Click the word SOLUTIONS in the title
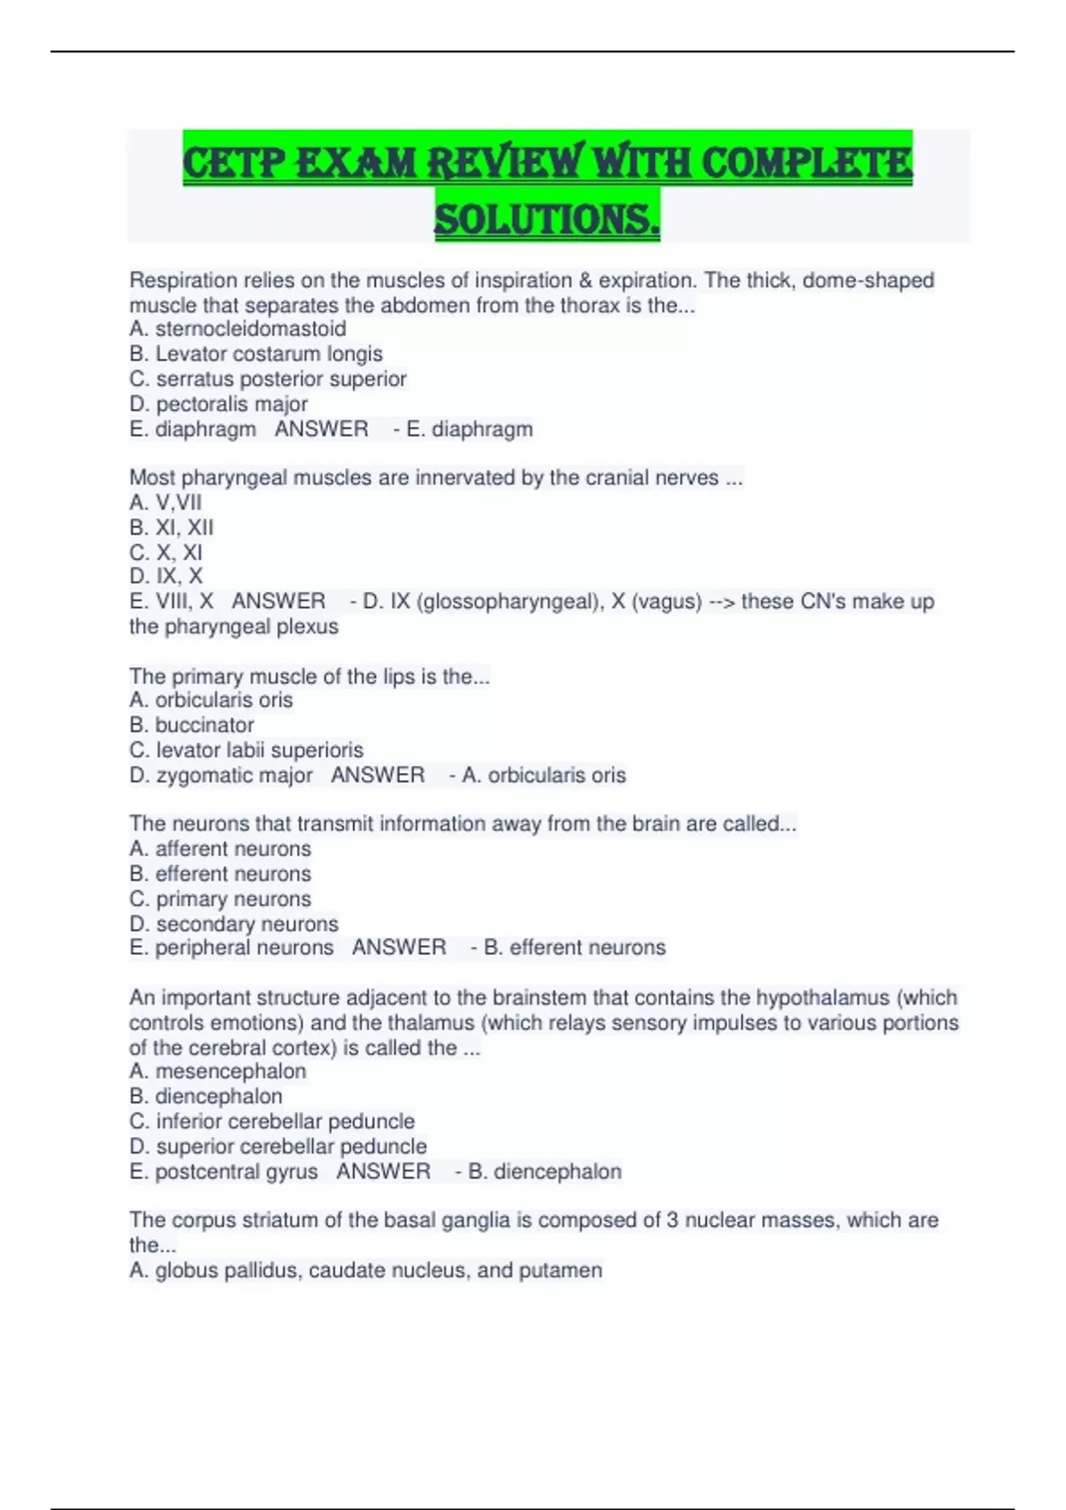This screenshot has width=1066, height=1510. coord(546,219)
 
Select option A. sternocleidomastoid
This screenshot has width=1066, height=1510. coord(237,329)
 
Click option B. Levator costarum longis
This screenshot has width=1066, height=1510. coord(256,354)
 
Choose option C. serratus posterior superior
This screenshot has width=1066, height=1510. coord(267,378)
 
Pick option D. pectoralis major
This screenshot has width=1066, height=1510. coord(219,404)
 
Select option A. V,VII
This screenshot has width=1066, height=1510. coord(165,503)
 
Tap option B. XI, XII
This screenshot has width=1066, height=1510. coord(171,528)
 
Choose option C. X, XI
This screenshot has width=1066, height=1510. coord(166,552)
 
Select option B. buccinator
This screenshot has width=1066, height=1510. coord(192,726)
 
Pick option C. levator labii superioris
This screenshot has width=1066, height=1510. coord(246,751)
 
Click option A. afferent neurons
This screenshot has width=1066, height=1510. coord(220,849)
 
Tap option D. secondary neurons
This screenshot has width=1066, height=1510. coord(234,924)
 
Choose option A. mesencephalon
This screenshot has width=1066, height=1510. coord(218,1072)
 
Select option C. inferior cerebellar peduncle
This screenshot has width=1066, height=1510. coord(272,1122)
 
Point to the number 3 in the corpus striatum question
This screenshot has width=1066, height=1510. coord(672,1220)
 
